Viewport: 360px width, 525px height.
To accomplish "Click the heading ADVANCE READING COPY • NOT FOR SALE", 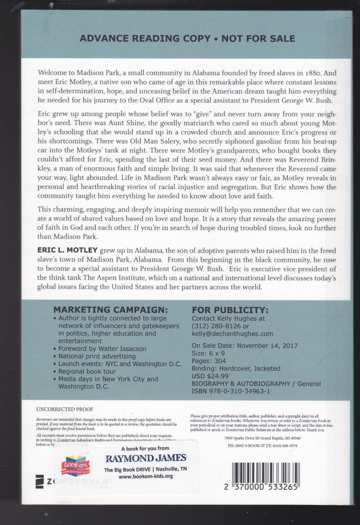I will pos(186,38).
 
